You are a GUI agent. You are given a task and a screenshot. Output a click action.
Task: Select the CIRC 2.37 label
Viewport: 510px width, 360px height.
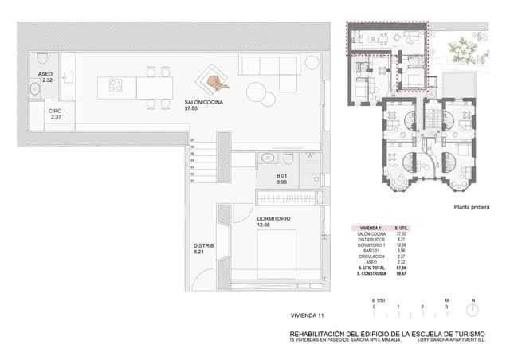point(56,115)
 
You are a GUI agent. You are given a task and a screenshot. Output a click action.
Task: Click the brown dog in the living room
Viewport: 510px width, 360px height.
point(215,81)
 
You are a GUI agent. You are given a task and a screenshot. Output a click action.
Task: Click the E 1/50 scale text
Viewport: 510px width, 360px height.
point(379,299)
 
